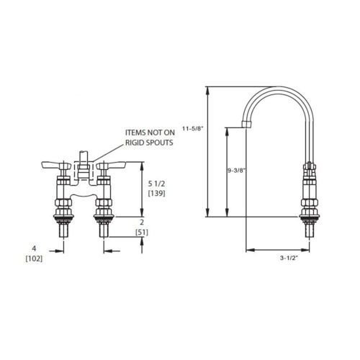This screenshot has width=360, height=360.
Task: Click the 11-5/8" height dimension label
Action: pos(193,128)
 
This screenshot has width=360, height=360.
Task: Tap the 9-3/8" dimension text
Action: pos(237,171)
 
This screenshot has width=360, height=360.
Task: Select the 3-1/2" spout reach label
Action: pos(289,258)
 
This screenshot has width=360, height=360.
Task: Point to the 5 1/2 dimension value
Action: pos(156,184)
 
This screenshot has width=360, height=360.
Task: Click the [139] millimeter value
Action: pos(156,193)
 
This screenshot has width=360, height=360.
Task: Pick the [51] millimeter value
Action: pos(142,233)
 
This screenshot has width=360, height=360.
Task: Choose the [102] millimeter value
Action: pos(34,258)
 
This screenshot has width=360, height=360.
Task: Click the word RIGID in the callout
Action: pos(134,143)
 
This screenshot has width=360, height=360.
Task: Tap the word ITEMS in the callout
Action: pos(135,132)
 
